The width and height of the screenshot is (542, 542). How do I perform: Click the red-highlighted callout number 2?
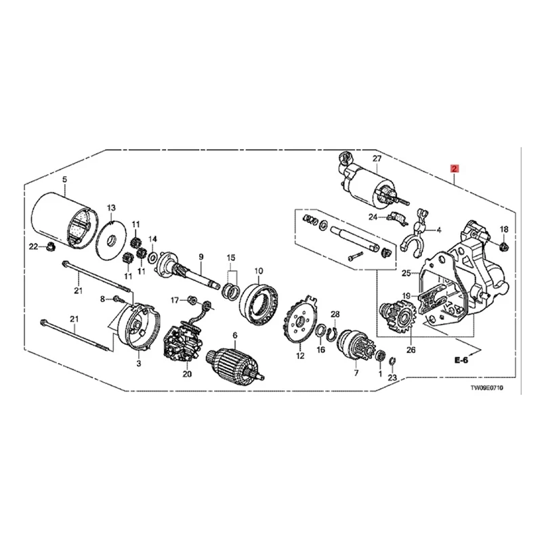pos(455,168)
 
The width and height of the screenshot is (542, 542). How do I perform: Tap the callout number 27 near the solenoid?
pos(377,158)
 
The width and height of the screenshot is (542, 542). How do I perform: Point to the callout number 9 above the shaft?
pos(201,256)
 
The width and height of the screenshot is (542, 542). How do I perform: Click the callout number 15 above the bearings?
pos(230,258)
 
